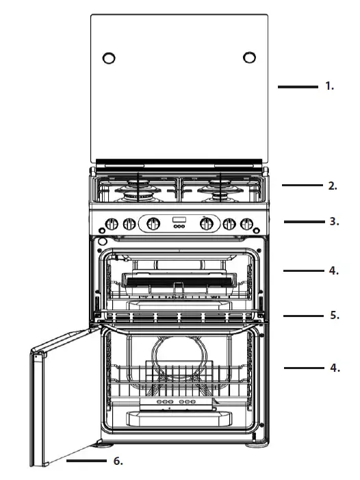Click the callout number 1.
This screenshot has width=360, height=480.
(329, 87)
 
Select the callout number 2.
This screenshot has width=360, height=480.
(332, 186)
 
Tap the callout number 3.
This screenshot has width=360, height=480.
(333, 222)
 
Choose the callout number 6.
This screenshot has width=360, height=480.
(117, 462)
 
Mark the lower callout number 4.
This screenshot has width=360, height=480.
(333, 368)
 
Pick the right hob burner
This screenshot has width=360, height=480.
(220, 191)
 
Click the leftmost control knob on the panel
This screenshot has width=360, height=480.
(112, 223)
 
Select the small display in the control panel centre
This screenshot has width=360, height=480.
(179, 221)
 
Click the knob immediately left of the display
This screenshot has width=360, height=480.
(154, 223)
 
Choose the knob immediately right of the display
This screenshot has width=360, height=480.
(205, 223)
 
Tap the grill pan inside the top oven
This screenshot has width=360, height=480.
(179, 279)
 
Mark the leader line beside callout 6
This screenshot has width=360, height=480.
(87, 462)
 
